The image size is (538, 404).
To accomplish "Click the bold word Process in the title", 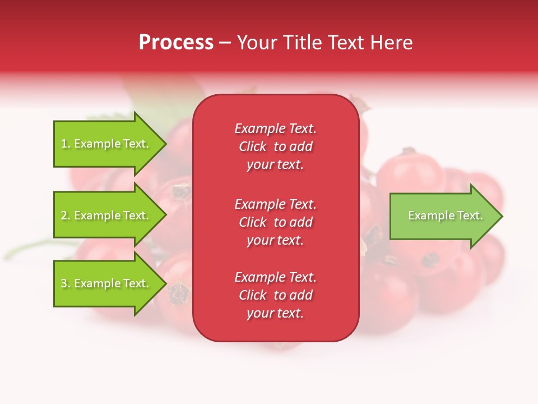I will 176,43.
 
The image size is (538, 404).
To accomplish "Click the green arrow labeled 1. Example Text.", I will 106,144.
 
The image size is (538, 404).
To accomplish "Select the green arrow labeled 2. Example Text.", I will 106,215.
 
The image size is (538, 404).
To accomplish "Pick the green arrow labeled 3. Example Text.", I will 106,283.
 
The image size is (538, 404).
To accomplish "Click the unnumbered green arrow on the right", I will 443,216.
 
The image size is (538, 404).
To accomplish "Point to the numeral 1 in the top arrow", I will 64,144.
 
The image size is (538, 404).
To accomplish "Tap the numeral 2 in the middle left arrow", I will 64,215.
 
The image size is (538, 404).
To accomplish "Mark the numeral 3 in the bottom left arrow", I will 64,283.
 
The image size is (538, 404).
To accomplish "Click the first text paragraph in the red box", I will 275,146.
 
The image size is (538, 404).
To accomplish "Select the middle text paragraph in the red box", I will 275,222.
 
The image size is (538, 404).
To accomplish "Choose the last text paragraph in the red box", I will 275,295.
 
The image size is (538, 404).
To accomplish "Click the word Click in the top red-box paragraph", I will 253,146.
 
